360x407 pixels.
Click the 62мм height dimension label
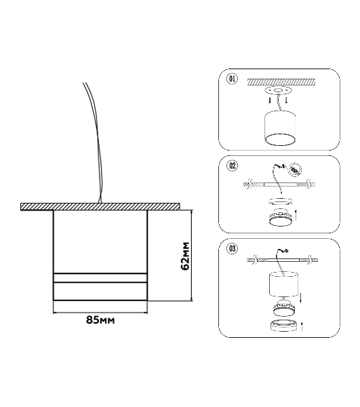pos(186,256)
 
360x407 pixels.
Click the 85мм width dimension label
pos(100,320)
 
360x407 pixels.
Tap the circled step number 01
pos(232,79)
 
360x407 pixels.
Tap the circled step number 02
pos(232,166)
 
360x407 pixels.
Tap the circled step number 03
pos(232,248)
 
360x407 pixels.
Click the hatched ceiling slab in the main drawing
pos(100,207)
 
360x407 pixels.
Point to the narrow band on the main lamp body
pos(100,277)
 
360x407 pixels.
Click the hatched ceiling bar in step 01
pos(281,81)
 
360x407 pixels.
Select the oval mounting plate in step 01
pos(278,91)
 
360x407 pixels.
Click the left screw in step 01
pos(270,100)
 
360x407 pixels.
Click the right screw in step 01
pos(286,100)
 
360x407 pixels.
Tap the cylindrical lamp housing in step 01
pos(280,128)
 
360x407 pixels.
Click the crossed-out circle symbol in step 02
pos(296,170)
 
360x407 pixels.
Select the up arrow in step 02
pos(296,215)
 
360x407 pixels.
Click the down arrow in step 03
pos(300,297)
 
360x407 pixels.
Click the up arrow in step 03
pos(302,326)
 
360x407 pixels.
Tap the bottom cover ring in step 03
pos(283,326)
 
